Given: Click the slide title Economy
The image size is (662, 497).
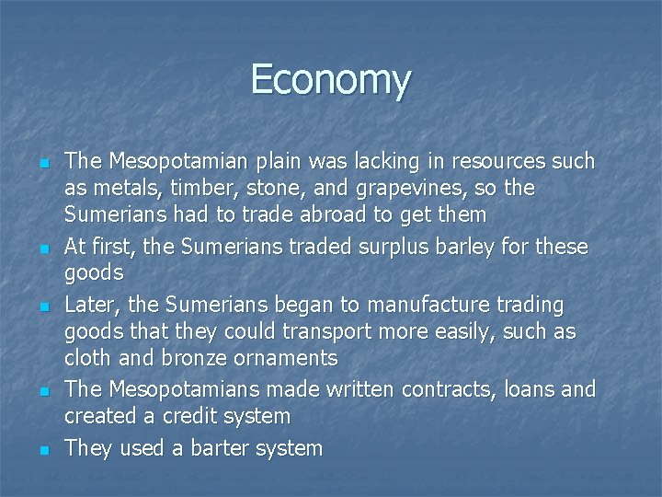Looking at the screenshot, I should pos(330,79).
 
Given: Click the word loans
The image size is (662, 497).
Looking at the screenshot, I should pos(532,389).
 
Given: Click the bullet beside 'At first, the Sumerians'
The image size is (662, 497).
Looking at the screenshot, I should pos(43,249).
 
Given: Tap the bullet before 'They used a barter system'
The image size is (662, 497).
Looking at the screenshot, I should pos(43,451).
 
